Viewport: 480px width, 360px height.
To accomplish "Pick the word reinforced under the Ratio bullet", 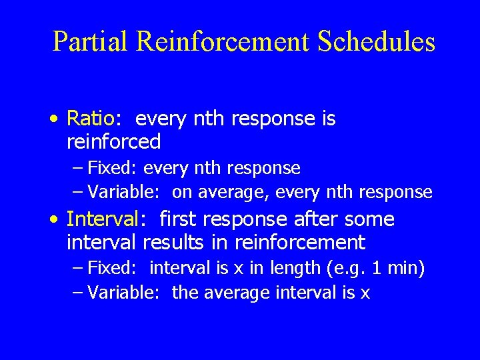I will coord(114,141).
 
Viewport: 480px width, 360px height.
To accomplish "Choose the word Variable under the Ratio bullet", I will coord(123,192).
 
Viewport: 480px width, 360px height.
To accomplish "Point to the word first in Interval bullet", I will coord(179,219).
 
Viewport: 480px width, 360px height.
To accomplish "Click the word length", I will coord(303,268).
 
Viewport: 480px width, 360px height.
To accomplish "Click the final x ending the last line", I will coord(365,293).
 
